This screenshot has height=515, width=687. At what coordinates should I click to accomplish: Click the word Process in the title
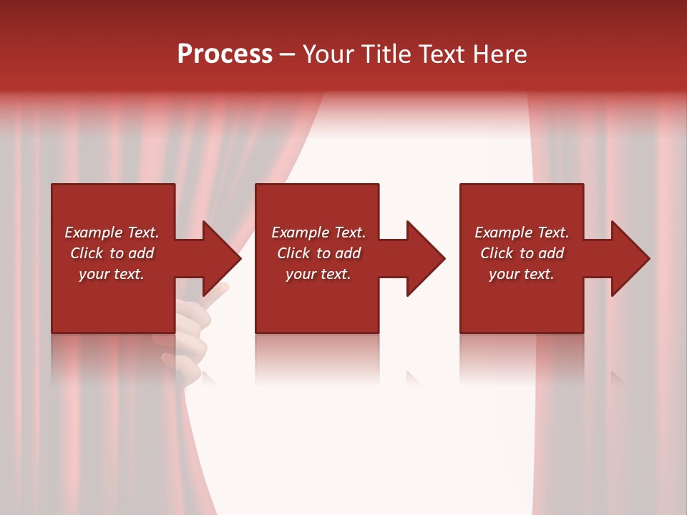tap(225, 54)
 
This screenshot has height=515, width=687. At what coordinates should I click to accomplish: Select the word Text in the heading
tap(442, 54)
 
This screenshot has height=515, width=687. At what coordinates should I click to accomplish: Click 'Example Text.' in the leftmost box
tap(112, 232)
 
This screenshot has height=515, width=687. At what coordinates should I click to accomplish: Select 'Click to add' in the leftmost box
tap(112, 253)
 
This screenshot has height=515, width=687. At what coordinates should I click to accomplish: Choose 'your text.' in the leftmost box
tap(112, 274)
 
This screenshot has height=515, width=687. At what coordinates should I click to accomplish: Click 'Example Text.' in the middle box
tap(318, 232)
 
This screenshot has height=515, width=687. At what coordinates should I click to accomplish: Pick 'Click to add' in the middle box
tap(318, 253)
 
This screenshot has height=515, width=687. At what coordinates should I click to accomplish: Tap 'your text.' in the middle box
tap(318, 274)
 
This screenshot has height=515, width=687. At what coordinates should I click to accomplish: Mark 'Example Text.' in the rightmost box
tap(522, 232)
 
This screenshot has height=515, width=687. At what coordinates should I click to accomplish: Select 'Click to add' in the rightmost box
tap(522, 253)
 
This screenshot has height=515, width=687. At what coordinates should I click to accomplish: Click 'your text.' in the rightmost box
tap(522, 274)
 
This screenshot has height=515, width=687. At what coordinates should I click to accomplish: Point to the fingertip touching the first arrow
tap(223, 288)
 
